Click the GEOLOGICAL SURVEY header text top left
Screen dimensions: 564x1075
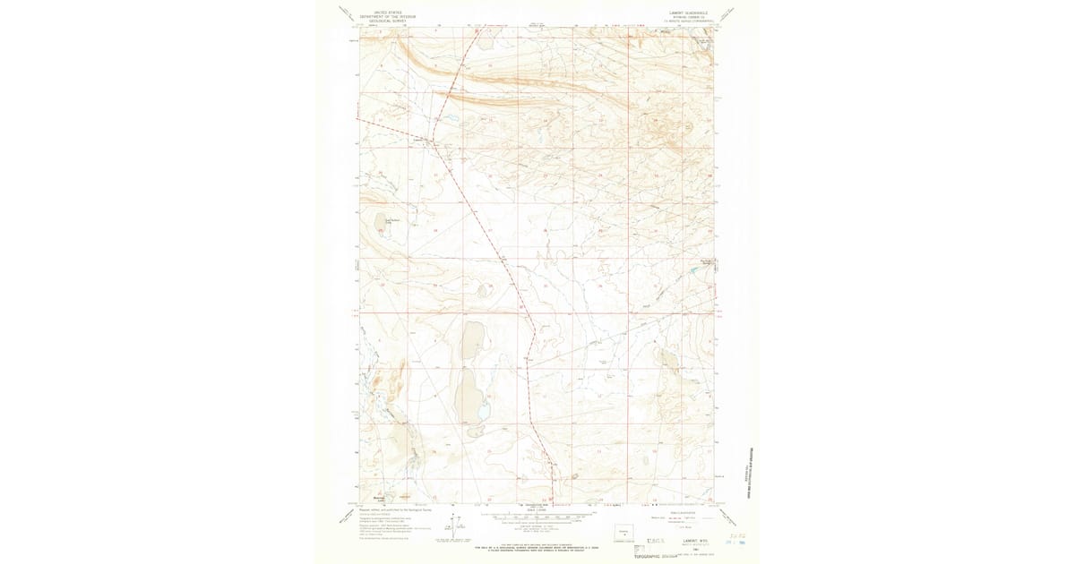point(380,19)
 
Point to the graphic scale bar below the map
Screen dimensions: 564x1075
point(537,516)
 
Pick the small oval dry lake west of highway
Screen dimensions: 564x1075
point(485,290)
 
